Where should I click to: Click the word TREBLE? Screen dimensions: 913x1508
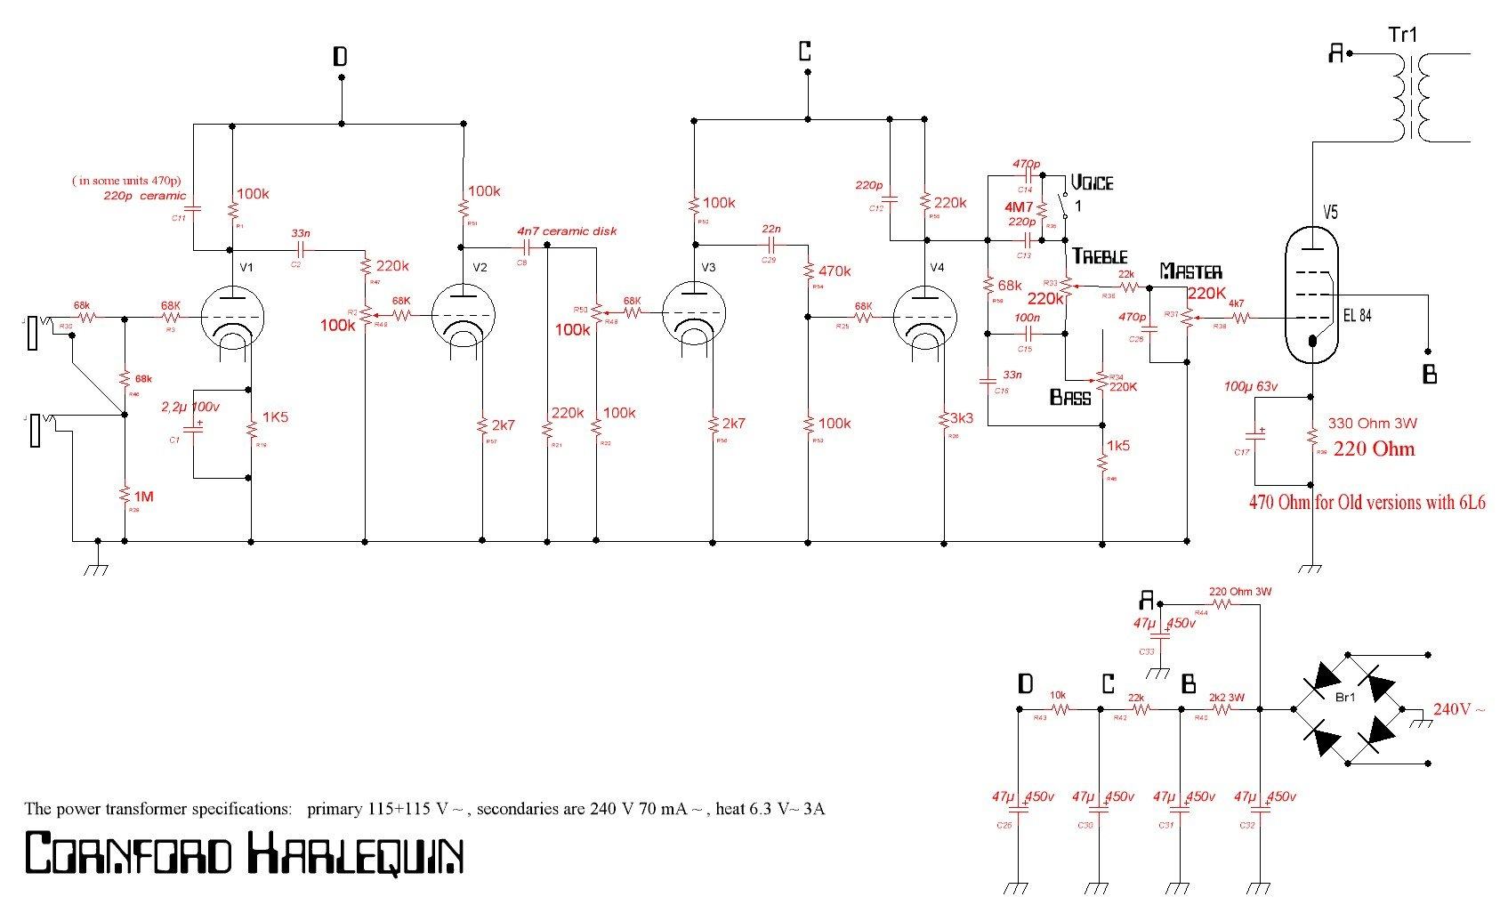[1100, 255]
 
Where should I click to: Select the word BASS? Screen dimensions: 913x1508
[1070, 397]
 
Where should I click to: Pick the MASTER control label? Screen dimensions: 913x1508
[1190, 271]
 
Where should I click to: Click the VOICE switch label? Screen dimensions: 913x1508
[1092, 182]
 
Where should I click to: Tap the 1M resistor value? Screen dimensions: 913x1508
[143, 496]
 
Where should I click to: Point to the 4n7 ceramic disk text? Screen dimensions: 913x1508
[567, 230]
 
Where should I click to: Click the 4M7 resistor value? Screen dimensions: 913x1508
[1018, 206]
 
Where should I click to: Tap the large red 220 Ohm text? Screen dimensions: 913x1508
[1374, 448]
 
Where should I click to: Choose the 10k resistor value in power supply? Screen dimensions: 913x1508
[1058, 695]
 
